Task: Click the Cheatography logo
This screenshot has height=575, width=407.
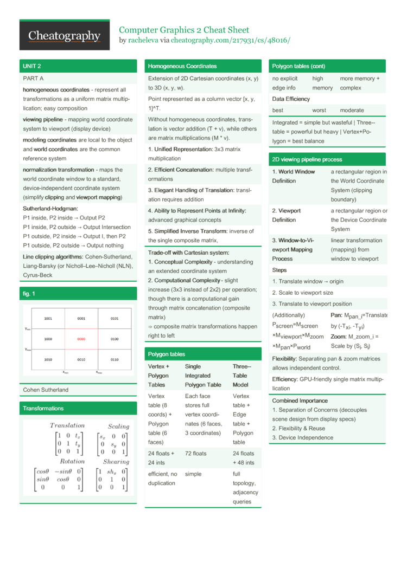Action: [x=64, y=36]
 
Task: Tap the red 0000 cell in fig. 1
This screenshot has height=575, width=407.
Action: [x=81, y=339]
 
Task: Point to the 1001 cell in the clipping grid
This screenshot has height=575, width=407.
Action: [x=48, y=319]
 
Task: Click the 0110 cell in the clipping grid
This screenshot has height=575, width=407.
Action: [x=114, y=360]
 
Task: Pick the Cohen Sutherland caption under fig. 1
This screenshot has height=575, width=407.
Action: [x=46, y=390]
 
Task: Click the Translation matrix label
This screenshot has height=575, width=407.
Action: [x=67, y=426]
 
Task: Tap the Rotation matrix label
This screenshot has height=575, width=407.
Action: [x=72, y=462]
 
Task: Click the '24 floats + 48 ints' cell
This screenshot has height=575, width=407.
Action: [x=243, y=458]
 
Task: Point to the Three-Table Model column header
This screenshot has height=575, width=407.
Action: [x=242, y=376]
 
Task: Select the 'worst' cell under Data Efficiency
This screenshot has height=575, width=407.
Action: [x=319, y=110]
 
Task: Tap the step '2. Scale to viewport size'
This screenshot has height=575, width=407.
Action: [x=303, y=293]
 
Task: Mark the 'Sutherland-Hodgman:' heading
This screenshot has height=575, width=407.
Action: [x=50, y=208]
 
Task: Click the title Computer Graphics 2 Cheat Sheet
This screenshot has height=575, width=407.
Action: [x=184, y=30]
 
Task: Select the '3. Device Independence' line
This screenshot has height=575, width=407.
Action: [x=303, y=437]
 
